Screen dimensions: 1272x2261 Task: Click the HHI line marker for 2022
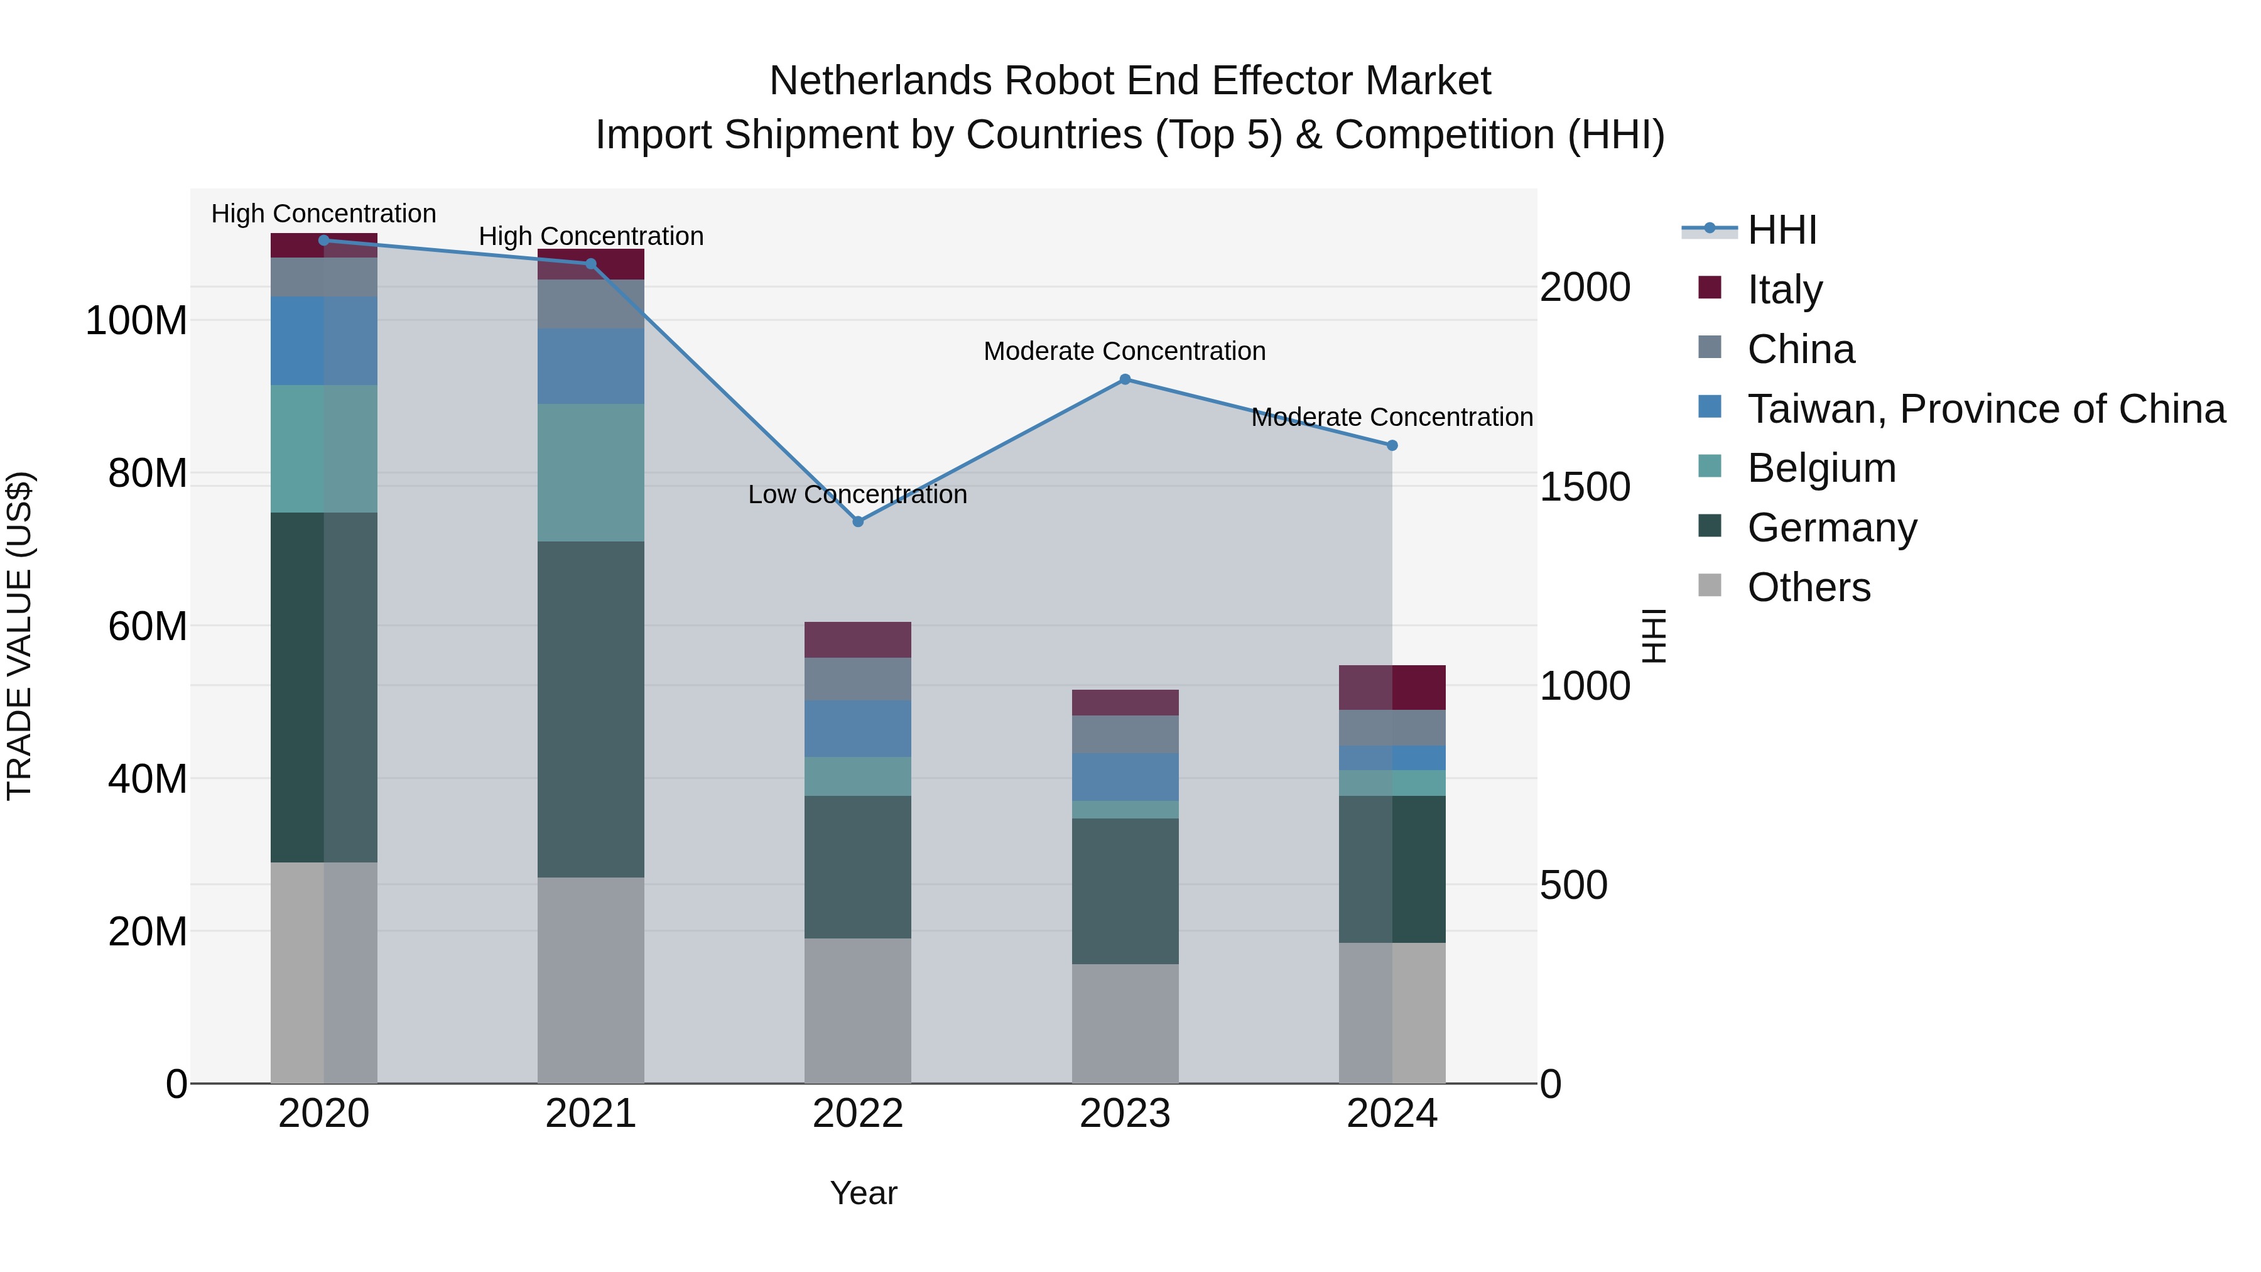857,521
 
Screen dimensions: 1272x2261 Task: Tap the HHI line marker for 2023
1124,379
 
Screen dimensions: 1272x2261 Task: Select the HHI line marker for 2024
1391,445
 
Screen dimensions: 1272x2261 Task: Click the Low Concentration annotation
857,494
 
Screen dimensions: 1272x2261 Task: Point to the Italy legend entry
1784,289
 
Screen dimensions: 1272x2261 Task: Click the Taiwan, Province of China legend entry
1985,408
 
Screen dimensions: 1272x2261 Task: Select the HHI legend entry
1782,230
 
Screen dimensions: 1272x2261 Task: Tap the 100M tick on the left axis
136,320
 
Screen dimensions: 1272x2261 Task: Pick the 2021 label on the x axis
591,1113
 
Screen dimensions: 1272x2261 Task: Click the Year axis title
864,1193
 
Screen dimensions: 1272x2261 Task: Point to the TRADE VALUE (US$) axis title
19,636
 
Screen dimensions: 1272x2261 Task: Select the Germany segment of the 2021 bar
591,709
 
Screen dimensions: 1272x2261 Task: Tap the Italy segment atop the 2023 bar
1124,702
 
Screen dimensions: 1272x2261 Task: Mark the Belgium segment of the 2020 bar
324,448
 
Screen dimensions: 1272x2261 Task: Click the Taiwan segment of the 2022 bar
857,728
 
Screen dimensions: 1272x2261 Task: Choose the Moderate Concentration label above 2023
1124,351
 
